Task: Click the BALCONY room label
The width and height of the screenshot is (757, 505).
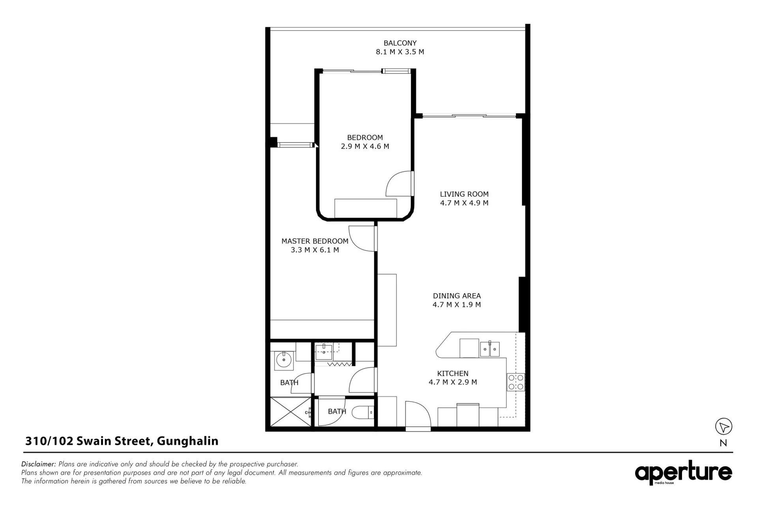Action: point(400,43)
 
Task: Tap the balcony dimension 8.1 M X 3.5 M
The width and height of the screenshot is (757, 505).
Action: point(400,52)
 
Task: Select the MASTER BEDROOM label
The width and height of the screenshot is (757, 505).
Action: point(315,241)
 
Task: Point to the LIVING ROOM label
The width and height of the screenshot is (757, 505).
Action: point(464,194)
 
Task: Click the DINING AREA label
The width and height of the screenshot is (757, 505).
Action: point(457,296)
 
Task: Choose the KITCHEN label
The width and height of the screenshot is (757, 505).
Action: point(453,374)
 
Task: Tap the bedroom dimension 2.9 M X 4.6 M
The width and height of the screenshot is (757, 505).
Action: point(365,146)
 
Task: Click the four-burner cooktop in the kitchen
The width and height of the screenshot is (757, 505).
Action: point(516,382)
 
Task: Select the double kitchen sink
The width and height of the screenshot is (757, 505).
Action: point(490,349)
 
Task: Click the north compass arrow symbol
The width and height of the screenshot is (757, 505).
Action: point(723,427)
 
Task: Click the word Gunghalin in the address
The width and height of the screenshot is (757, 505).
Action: point(188,441)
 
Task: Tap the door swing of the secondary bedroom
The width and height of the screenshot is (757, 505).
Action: point(399,184)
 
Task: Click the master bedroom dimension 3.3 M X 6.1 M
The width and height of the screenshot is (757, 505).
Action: point(315,250)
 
